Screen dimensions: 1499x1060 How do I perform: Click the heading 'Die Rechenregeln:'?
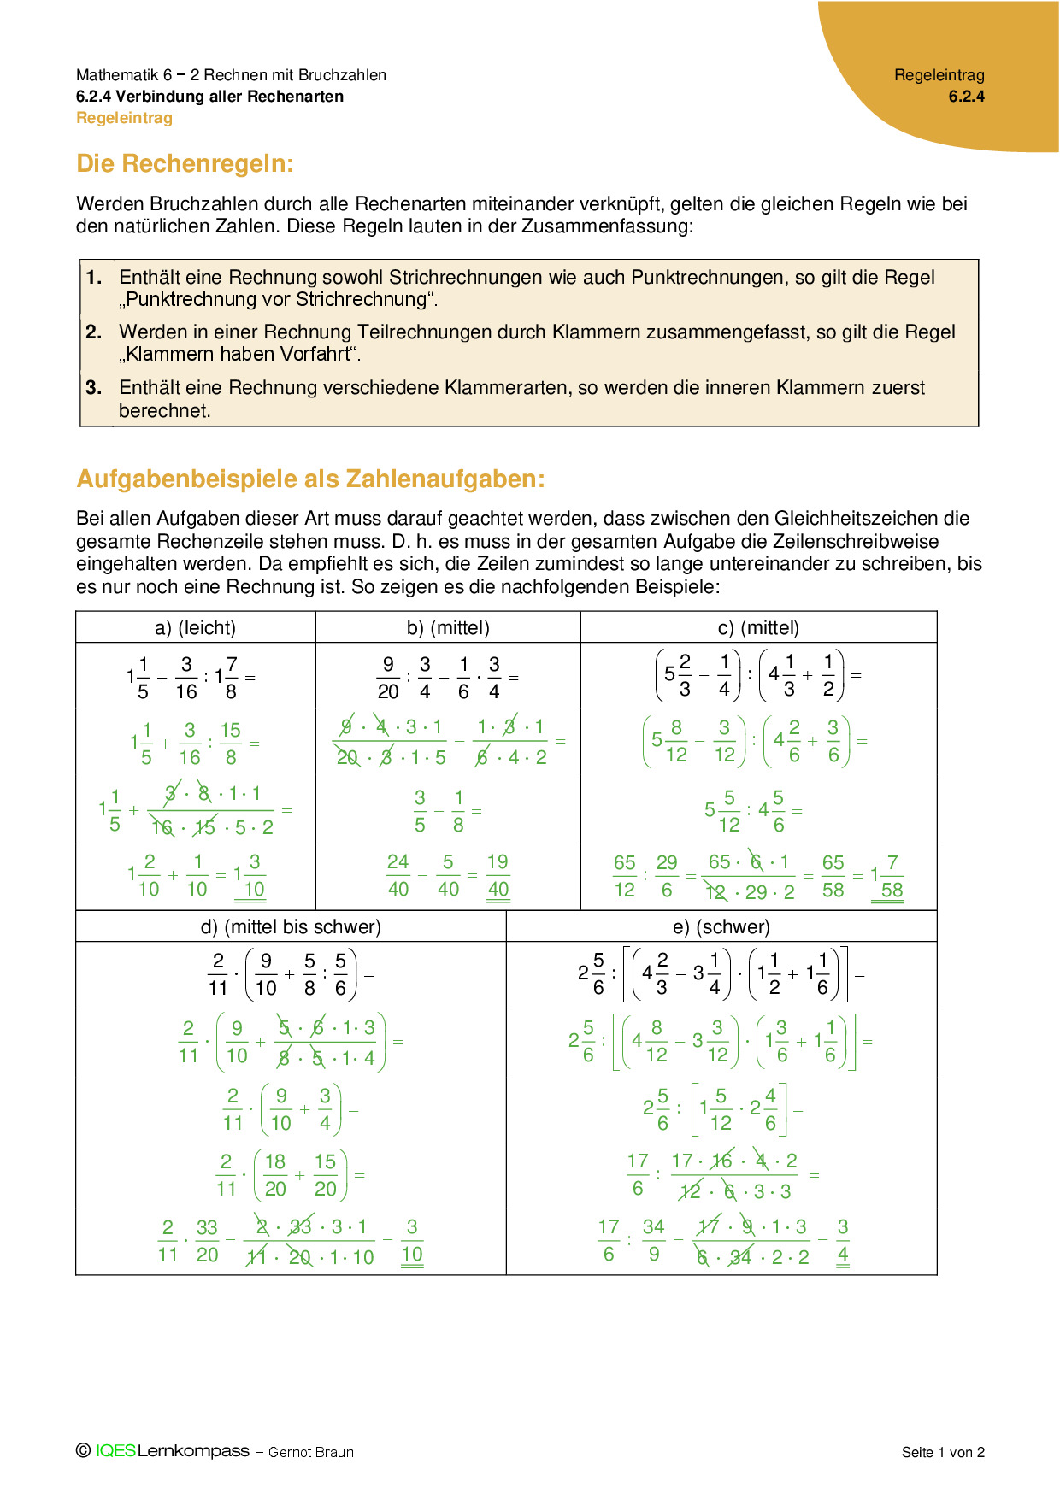click(185, 163)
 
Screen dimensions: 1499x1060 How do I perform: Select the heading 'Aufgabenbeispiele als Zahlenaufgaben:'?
click(310, 479)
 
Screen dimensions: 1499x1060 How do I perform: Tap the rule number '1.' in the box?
click(94, 277)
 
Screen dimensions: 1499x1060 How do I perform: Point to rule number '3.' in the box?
click(94, 387)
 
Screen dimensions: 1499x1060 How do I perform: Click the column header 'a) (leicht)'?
click(195, 627)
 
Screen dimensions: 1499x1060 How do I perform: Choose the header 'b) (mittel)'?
click(448, 627)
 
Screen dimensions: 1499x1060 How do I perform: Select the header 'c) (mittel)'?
click(758, 627)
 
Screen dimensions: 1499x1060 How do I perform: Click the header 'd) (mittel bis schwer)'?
click(291, 926)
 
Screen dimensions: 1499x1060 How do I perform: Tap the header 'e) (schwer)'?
click(721, 926)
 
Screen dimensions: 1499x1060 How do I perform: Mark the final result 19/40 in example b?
click(498, 876)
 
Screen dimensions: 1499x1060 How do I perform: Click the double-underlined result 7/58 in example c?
click(892, 877)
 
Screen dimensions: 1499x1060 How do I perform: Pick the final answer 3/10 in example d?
click(412, 1241)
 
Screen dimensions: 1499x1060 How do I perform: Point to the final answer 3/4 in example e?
click(843, 1241)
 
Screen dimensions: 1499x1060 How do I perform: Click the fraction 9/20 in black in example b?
click(388, 678)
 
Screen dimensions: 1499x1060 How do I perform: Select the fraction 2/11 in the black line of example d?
click(218, 974)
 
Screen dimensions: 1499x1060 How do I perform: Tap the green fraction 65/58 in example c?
click(833, 876)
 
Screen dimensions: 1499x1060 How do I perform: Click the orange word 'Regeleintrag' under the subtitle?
click(125, 118)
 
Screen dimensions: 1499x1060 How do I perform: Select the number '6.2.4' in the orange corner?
click(966, 97)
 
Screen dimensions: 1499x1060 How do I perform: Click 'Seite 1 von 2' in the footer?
click(943, 1452)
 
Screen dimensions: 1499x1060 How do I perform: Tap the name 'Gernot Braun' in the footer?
click(311, 1452)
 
